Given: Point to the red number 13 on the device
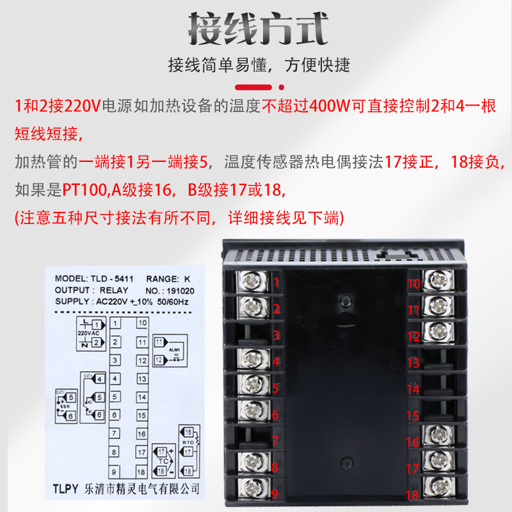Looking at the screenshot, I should pos(413,363).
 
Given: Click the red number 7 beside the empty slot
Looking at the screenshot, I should pos(276,442).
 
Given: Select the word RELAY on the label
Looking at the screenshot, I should pos(114,290).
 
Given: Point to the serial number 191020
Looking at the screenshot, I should pos(179,290).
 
